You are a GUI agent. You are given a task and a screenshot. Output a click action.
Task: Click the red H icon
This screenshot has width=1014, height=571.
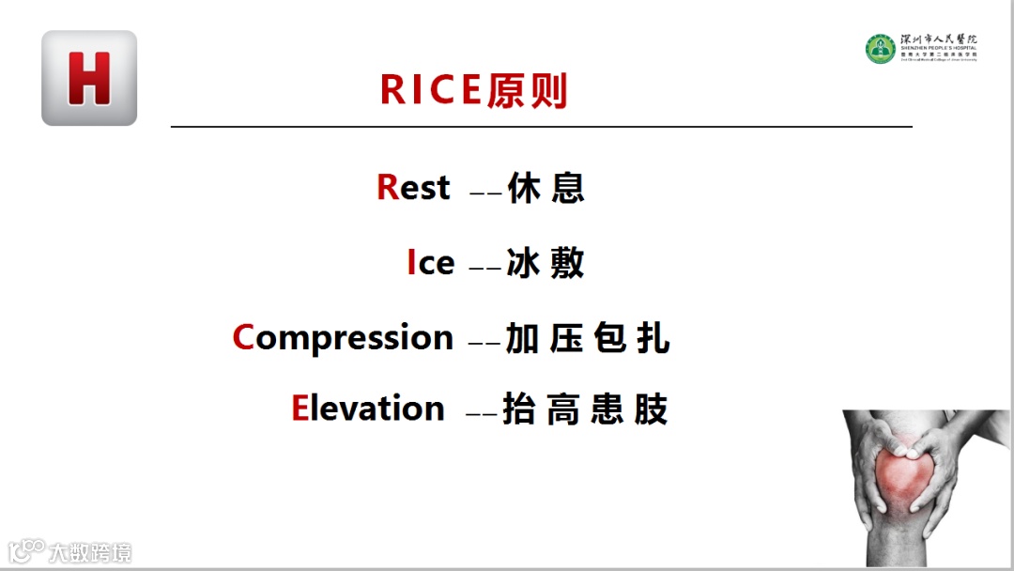click(x=89, y=78)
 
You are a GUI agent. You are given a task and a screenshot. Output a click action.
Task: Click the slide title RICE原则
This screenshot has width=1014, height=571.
click(x=474, y=90)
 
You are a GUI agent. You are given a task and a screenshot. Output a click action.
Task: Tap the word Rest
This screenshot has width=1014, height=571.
click(x=414, y=188)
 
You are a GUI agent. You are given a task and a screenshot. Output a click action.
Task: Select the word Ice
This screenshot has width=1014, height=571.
click(x=431, y=263)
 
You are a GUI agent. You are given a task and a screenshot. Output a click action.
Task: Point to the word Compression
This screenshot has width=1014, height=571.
click(x=344, y=337)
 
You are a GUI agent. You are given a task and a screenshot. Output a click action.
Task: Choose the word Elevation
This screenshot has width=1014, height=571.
click(x=368, y=409)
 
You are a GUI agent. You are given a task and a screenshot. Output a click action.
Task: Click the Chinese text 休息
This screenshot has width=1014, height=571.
click(x=545, y=188)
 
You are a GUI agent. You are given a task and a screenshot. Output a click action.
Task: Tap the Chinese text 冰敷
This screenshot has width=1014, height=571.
click(x=545, y=263)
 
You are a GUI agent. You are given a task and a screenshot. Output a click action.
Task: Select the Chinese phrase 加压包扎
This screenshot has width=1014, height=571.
click(x=588, y=338)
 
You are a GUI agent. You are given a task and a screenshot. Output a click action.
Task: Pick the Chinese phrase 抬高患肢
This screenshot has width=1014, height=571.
click(x=586, y=409)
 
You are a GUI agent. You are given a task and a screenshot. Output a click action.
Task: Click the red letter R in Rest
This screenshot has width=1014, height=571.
click(x=388, y=188)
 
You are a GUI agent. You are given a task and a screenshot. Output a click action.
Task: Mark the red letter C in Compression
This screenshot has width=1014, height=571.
click(x=243, y=337)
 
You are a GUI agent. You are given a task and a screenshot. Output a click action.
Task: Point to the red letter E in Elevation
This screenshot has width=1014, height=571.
click(x=300, y=409)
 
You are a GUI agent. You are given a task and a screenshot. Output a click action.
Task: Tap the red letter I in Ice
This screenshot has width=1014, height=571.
click(x=411, y=263)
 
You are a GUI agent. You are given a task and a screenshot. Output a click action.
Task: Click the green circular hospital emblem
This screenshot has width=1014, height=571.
click(x=880, y=49)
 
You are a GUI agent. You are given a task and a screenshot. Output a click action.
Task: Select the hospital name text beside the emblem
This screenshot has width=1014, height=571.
click(x=938, y=47)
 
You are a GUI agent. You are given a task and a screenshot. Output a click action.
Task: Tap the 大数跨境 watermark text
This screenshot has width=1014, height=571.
click(x=91, y=551)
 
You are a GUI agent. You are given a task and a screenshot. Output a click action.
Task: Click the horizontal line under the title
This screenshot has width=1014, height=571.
click(x=541, y=126)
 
